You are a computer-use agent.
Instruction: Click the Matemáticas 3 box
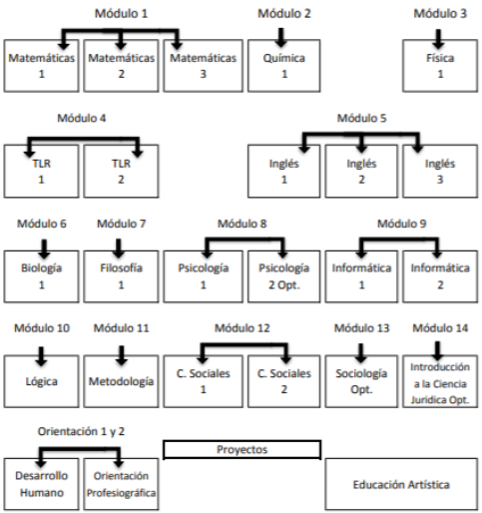click(203, 66)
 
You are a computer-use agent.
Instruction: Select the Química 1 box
click(283, 66)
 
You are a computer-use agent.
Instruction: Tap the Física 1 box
click(440, 66)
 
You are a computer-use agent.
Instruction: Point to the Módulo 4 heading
click(82, 118)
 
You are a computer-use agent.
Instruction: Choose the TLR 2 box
click(121, 171)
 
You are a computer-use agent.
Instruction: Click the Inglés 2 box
click(361, 171)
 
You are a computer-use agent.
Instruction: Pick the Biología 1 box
click(41, 276)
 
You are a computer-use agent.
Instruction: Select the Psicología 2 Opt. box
click(283, 276)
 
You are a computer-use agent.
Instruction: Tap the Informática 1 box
click(361, 276)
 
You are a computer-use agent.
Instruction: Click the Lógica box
click(41, 381)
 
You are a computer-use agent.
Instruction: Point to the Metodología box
click(121, 381)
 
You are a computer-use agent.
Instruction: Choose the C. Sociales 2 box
click(283, 381)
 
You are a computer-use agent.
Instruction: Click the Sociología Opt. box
click(361, 381)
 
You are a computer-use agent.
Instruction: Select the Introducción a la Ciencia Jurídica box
click(440, 381)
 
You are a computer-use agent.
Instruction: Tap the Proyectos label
click(241, 449)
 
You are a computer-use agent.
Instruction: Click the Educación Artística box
click(401, 484)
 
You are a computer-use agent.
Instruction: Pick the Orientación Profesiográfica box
click(121, 484)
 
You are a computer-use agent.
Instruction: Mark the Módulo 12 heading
click(241, 328)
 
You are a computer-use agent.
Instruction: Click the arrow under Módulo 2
click(281, 38)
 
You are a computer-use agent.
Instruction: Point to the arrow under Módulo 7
click(118, 249)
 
